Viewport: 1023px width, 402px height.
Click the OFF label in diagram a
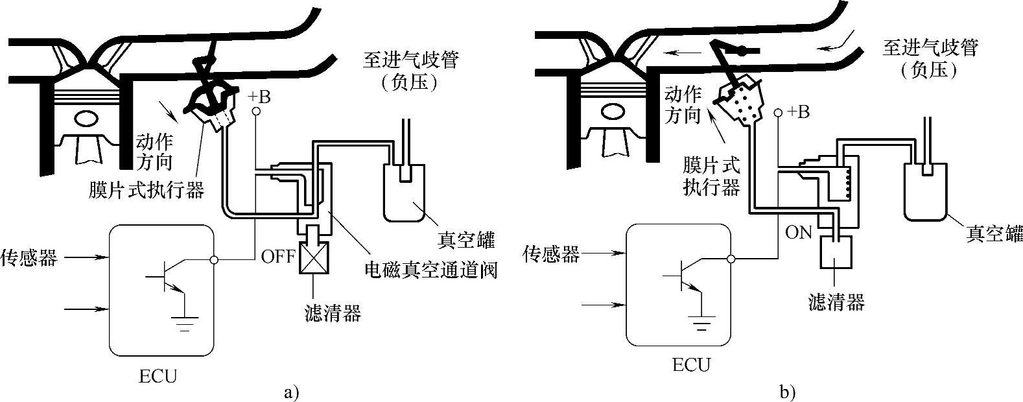coord(278,256)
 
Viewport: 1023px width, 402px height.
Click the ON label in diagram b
coord(799,232)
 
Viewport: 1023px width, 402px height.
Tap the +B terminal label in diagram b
coord(797,112)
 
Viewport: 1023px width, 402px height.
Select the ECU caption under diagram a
coord(158,376)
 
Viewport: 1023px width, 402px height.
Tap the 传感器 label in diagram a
coord(29,257)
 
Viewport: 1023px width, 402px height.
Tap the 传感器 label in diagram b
coord(551,255)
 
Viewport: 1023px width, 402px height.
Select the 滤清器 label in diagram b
coord(837,301)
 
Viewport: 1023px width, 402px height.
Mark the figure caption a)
coord(292,392)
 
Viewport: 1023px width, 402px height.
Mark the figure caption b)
coord(788,392)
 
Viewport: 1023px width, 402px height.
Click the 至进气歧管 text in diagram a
coord(411,60)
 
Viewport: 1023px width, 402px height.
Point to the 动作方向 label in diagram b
coord(683,106)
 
